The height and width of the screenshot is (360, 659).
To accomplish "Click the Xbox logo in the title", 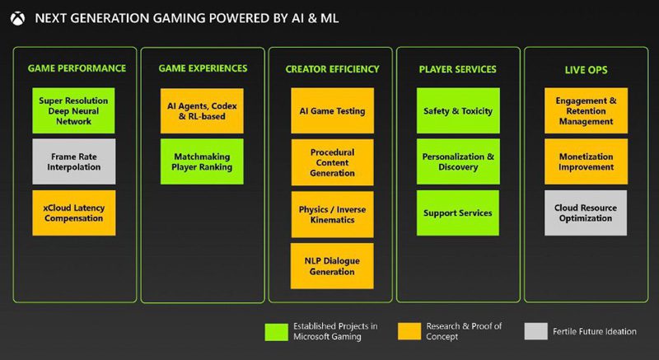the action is pyautogui.click(x=17, y=18).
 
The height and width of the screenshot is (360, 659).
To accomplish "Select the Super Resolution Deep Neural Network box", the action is pyautogui.click(x=73, y=111).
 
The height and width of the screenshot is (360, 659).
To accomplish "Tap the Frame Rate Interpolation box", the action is pyautogui.click(x=73, y=161).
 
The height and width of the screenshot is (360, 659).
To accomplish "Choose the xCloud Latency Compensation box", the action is pyautogui.click(x=73, y=213).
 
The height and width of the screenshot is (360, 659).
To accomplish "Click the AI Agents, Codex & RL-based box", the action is pyautogui.click(x=202, y=111).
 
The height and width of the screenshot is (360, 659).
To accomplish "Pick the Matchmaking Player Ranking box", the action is pyautogui.click(x=202, y=161).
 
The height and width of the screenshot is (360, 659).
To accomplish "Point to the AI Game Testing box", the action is pyautogui.click(x=332, y=111).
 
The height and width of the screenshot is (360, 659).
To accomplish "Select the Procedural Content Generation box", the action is pyautogui.click(x=332, y=162).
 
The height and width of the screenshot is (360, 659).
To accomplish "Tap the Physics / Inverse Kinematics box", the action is pyautogui.click(x=332, y=215).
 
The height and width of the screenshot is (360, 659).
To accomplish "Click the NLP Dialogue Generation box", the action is pyautogui.click(x=332, y=266).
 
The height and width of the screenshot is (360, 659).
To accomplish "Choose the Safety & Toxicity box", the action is pyautogui.click(x=458, y=111).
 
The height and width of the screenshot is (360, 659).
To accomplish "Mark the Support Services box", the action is pyautogui.click(x=458, y=213).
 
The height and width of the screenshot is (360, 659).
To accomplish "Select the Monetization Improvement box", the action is pyautogui.click(x=586, y=161).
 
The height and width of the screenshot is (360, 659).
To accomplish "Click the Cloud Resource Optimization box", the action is pyautogui.click(x=586, y=213).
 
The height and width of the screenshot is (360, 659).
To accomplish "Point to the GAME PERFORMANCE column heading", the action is pyautogui.click(x=77, y=68).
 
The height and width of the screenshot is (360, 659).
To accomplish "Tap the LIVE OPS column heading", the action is pyautogui.click(x=586, y=70).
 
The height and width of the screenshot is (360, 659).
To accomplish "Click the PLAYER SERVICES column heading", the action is pyautogui.click(x=458, y=69).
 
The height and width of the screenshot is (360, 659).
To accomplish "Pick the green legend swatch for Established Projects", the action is pyautogui.click(x=277, y=332).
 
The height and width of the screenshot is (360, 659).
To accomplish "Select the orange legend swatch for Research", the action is pyautogui.click(x=409, y=331).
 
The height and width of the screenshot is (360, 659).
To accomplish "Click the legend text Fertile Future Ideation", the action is pyautogui.click(x=594, y=331).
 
